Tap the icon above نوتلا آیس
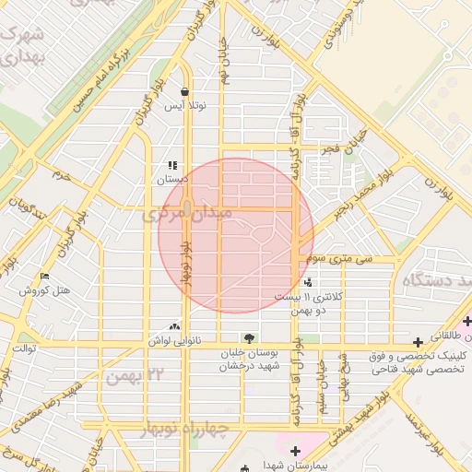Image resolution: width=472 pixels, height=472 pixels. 185,92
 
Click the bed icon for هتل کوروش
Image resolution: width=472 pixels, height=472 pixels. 45,277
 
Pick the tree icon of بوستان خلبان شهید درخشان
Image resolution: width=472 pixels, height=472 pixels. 247,337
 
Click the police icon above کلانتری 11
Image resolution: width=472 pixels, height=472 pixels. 307,282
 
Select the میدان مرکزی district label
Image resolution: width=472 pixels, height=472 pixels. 190,214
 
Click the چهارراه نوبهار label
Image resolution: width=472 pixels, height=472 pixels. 184,430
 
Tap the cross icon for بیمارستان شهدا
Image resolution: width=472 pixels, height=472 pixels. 294,451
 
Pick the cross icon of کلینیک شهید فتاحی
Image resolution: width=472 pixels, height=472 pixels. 419,341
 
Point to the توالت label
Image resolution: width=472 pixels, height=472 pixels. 22,349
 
